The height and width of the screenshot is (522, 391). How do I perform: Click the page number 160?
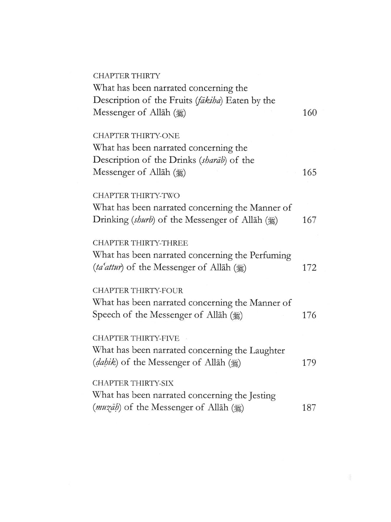pyautogui.click(x=309, y=113)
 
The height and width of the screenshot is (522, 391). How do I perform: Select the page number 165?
pyautogui.click(x=309, y=172)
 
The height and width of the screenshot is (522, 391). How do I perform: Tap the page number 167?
pyautogui.click(x=309, y=220)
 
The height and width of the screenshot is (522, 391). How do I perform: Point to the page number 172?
pyautogui.click(x=309, y=268)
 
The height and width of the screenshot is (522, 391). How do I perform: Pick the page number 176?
pyautogui.click(x=309, y=315)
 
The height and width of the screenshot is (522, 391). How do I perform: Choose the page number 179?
pyautogui.click(x=309, y=363)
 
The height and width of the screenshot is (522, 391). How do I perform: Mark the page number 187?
pyautogui.click(x=309, y=408)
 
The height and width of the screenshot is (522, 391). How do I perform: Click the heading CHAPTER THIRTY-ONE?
pyautogui.click(x=136, y=136)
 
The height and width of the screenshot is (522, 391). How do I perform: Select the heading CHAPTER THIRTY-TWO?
pyautogui.click(x=136, y=196)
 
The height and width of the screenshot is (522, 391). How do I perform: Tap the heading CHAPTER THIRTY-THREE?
pyautogui.click(x=140, y=243)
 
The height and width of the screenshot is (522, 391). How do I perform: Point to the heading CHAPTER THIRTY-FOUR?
pyautogui.click(x=138, y=291)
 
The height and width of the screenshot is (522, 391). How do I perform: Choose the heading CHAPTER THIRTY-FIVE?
pyautogui.click(x=136, y=338)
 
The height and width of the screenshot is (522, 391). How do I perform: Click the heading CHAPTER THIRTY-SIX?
pyautogui.click(x=133, y=383)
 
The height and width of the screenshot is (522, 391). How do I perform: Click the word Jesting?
pyautogui.click(x=262, y=395)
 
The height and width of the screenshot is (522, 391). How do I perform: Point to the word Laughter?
pyautogui.click(x=267, y=351)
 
